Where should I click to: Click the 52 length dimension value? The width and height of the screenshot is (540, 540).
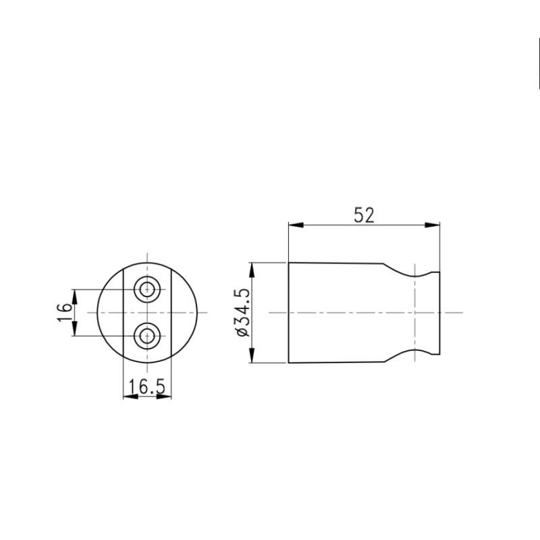click(x=363, y=215)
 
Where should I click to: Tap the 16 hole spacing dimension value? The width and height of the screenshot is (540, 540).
click(x=64, y=313)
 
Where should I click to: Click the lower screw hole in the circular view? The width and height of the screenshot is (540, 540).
click(x=147, y=335)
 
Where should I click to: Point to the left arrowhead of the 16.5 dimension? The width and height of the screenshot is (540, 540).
click(x=129, y=396)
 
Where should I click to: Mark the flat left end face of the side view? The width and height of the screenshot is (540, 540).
click(x=289, y=313)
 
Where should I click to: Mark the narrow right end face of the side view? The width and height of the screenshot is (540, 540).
click(x=439, y=313)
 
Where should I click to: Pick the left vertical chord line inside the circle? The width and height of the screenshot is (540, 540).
click(x=124, y=313)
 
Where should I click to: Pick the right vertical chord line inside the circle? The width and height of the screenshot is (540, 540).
click(x=171, y=313)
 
